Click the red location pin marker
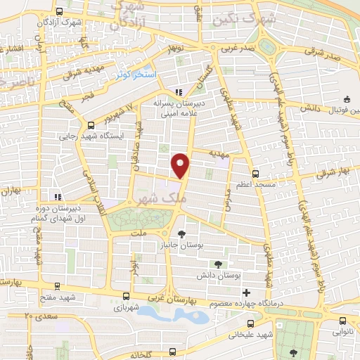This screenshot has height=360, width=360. [181, 165]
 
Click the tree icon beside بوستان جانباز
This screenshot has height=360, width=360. [182, 233]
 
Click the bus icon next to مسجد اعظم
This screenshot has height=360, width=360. [255, 172]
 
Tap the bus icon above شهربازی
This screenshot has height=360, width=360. [126, 297]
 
